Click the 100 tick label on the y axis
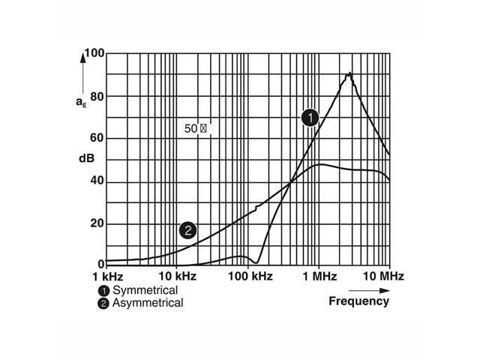pyautogui.click(x=94, y=54)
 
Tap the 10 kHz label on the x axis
pyautogui.click(x=176, y=277)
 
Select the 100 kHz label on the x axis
pyautogui.click(x=247, y=277)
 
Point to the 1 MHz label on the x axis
pyautogui.click(x=318, y=277)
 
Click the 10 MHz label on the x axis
pyautogui.click(x=385, y=277)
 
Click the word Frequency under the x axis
pyautogui.click(x=359, y=301)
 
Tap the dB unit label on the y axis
pyautogui.click(x=85, y=160)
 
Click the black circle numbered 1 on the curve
pyautogui.click(x=310, y=117)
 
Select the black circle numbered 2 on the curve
pyautogui.click(x=187, y=230)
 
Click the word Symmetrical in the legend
pyautogui.click(x=145, y=290)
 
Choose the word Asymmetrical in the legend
pyautogui.click(x=148, y=303)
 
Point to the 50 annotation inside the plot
pyautogui.click(x=191, y=128)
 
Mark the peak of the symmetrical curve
pyautogui.click(x=349, y=73)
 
